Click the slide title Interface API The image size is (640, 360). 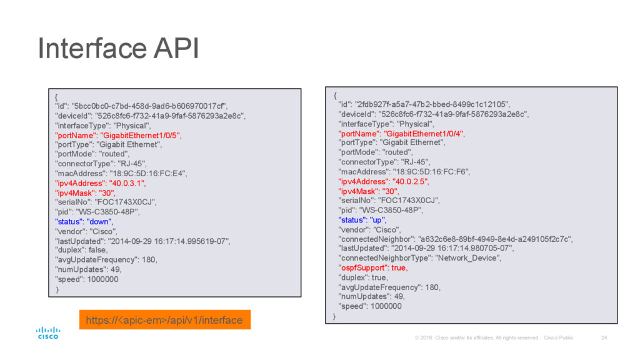point(118,49)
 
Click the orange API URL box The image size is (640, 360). point(164,320)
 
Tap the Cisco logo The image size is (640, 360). point(47,332)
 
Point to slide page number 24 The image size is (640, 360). point(603,338)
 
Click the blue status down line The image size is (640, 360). point(84,222)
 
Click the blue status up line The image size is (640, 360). point(362,220)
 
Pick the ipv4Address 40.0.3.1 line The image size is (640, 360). point(101,183)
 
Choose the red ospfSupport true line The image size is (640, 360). point(372,267)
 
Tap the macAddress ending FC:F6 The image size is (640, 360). point(404,171)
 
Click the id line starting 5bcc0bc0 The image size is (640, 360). point(142,106)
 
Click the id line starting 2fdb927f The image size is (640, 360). point(424,104)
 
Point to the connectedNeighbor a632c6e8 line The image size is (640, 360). point(455,239)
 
